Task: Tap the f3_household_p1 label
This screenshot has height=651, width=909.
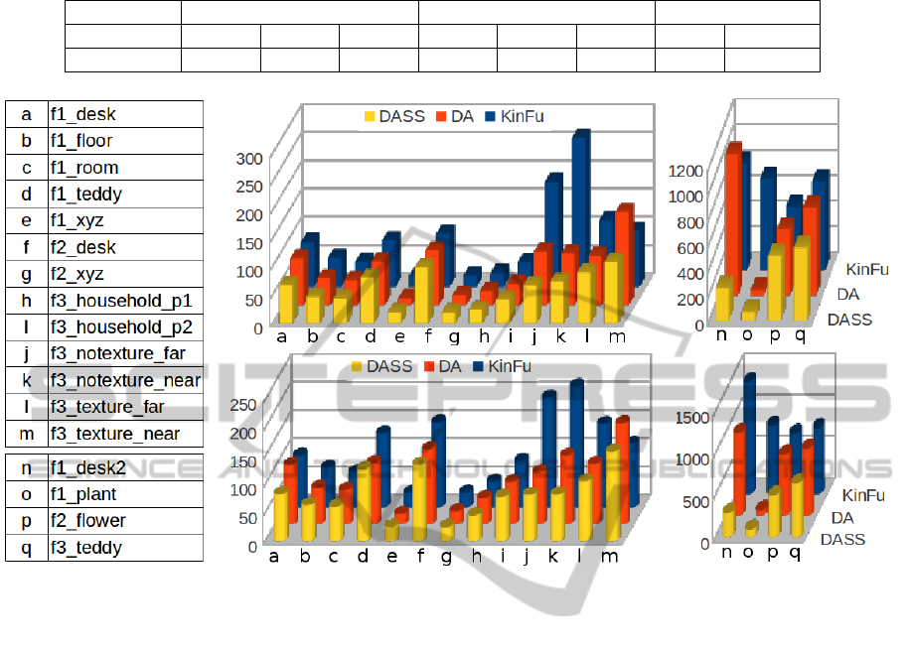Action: (125, 301)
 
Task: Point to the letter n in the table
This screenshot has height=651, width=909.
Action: (26, 467)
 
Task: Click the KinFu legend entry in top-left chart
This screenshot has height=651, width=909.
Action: (515, 116)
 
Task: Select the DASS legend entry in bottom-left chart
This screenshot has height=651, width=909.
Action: (389, 366)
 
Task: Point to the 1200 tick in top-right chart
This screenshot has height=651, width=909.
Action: (684, 170)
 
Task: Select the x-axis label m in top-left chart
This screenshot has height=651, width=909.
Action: (617, 337)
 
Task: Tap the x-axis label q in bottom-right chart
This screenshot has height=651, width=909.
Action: (795, 552)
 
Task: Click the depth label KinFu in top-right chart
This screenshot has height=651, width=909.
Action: (866, 268)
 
